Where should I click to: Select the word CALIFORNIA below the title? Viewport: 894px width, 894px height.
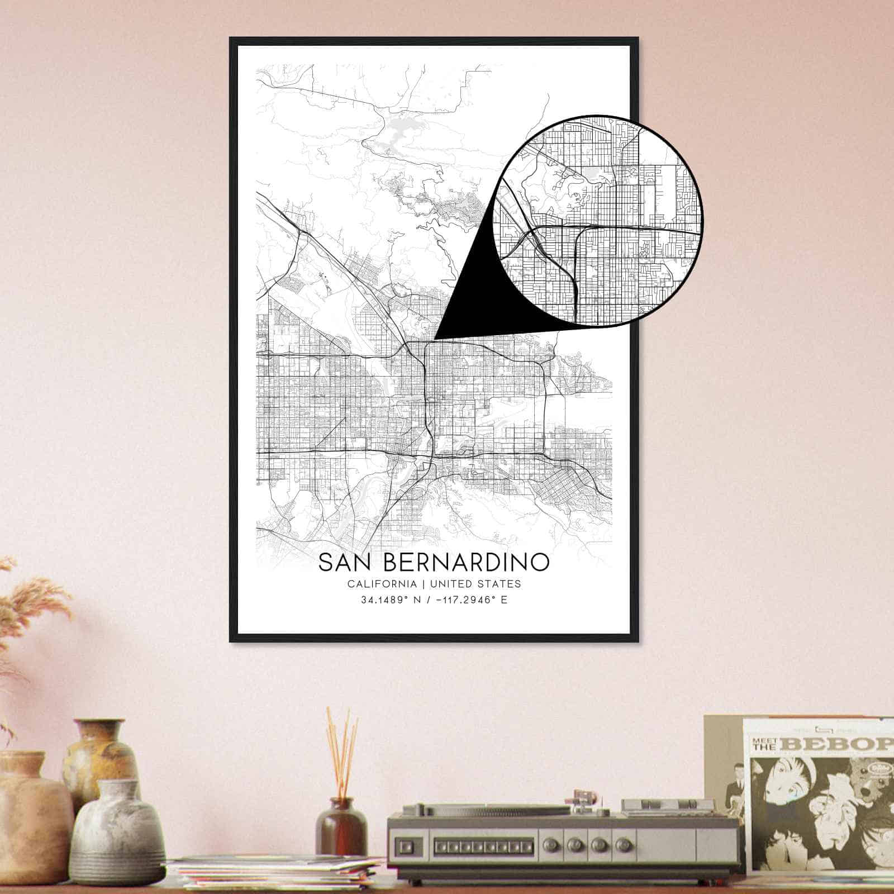(x=382, y=584)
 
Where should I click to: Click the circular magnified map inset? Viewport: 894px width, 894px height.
(x=598, y=221)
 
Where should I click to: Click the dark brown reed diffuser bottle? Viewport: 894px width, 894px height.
(x=341, y=833)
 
